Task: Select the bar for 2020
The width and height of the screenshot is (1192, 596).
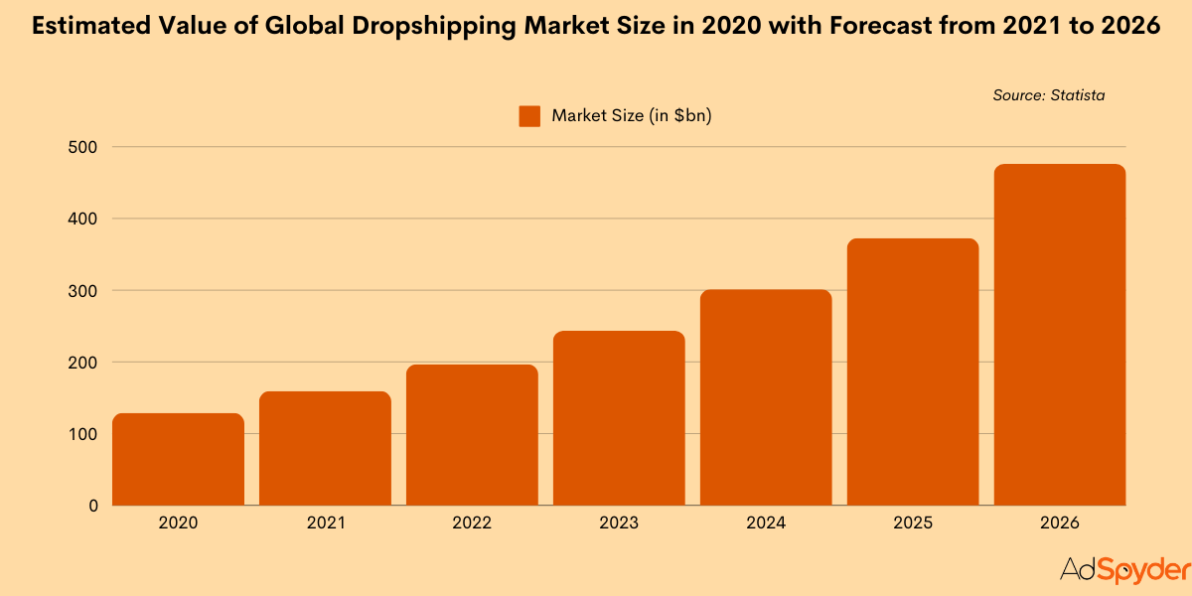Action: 178,459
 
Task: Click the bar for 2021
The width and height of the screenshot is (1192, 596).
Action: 325,448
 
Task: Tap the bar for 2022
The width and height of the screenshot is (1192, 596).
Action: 472,435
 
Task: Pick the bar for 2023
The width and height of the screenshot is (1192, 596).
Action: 619,418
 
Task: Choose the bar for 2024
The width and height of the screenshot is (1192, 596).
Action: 766,397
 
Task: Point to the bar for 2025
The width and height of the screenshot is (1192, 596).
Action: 913,372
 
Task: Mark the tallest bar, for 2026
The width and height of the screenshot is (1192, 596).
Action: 1060,335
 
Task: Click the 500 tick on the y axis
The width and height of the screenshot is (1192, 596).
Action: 82,147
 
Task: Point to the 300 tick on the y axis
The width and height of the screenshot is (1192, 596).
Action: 82,290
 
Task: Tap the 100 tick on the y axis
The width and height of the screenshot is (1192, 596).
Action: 82,434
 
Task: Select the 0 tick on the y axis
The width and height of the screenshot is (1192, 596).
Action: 92,506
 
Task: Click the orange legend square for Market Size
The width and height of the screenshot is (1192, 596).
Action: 529,116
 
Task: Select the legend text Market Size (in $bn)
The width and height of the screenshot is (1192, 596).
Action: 633,116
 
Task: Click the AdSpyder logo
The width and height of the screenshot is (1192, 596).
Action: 1124,570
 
